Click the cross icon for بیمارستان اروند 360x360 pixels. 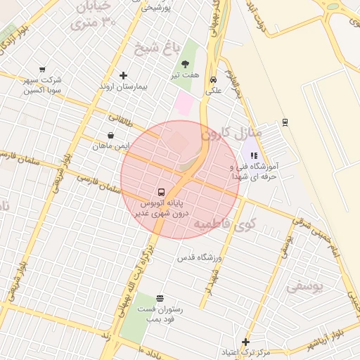(124, 75)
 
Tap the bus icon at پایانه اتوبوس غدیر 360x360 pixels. (162, 192)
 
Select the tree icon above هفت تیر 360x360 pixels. (185, 64)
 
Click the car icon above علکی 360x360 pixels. (213, 79)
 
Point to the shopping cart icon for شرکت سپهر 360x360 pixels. (42, 70)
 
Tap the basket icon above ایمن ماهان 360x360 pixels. (111, 135)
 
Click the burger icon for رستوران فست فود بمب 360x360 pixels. (160, 298)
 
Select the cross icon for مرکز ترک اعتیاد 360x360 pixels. (245, 342)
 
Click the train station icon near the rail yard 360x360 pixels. (284, 122)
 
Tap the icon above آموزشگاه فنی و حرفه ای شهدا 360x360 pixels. (254, 156)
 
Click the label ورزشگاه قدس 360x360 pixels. (199, 258)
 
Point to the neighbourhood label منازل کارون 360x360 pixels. (232, 132)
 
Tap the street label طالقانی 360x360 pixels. (120, 121)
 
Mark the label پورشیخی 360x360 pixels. (157, 8)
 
